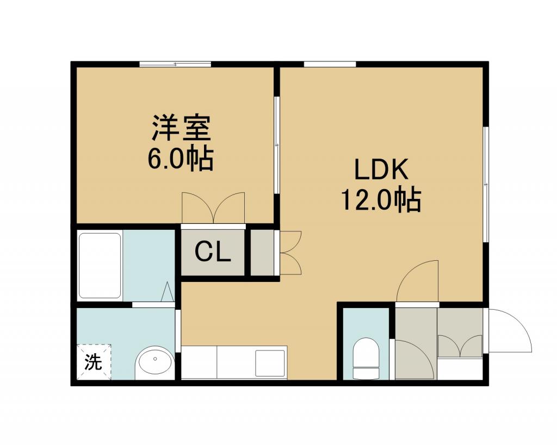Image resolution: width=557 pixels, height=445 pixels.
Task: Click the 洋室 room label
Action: point(182,127)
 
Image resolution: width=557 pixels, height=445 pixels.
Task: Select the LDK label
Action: point(381,170)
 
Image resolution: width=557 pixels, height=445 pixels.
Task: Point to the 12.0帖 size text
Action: point(381,199)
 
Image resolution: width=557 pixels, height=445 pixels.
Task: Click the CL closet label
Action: point(213,252)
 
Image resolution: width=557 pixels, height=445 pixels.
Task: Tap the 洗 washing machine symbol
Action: point(94,362)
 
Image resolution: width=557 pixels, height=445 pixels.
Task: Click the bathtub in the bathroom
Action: point(100,266)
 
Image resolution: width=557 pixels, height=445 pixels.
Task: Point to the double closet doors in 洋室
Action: point(213,208)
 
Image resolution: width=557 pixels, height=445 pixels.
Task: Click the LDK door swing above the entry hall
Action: point(417,280)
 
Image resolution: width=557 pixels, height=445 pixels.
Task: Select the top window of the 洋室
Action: point(175,64)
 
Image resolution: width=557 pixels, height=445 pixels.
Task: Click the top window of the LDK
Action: point(330,64)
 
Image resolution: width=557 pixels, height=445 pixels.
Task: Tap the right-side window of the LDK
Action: point(486,185)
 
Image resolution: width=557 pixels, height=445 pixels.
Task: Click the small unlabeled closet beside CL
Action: point(262,252)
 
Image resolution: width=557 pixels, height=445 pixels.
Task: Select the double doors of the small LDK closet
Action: point(290,252)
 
